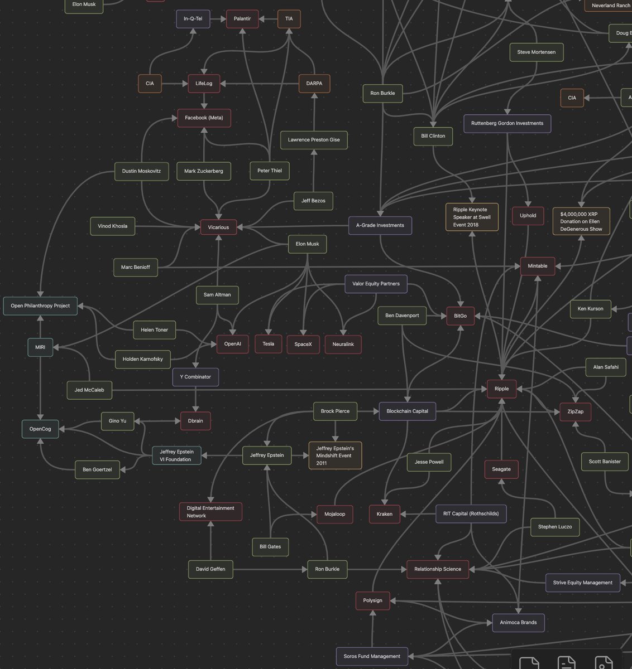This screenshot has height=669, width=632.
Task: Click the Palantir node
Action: coord(242,19)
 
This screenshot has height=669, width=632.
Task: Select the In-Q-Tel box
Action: coord(193,19)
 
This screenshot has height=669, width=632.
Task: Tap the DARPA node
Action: coord(314,84)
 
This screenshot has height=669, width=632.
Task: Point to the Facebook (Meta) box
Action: coord(204,118)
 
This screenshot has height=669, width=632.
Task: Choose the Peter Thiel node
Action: coord(270,171)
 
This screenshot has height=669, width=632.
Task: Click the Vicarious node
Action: coord(218,227)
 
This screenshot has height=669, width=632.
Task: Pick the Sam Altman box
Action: coord(217,295)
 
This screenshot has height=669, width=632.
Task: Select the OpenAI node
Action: coord(232,344)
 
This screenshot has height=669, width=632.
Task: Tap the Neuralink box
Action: coord(343,345)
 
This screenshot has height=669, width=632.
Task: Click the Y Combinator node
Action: coord(195,377)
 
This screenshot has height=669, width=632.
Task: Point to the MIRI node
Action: coord(40,347)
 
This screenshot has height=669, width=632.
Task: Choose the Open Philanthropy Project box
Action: coord(40,306)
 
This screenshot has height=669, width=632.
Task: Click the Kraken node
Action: coord(384,514)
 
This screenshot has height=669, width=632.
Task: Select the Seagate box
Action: coord(501,469)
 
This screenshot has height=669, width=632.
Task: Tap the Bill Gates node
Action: coord(270,547)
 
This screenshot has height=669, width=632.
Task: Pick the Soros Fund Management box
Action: coord(372,656)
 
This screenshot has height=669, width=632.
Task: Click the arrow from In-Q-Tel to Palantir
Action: coord(218,19)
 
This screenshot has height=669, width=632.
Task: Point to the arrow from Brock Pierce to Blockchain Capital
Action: coord(368,411)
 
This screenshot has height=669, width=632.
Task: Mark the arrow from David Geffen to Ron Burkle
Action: coord(270,569)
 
